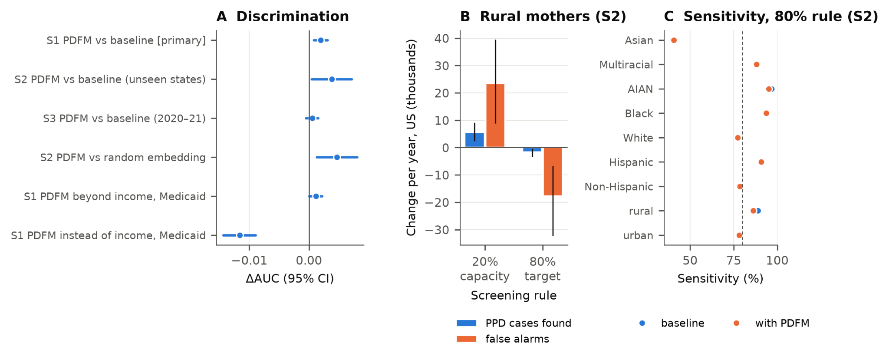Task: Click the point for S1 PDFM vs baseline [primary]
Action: coord(321,40)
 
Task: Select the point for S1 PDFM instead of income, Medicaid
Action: coord(240,235)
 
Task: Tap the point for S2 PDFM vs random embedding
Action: coord(337,157)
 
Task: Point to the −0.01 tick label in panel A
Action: coord(249,261)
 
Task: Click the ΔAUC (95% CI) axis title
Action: coord(290,279)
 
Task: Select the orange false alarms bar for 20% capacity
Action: coord(495,116)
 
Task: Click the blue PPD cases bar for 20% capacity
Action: coord(474,140)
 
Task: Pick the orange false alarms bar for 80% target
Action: coord(553,172)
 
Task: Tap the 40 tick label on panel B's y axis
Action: coord(442,39)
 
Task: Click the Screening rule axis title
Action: coord(514,296)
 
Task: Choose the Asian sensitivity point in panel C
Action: coord(674,40)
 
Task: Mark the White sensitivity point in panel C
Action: coord(738,138)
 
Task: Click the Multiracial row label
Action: coord(626,65)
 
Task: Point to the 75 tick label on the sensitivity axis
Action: coord(734,261)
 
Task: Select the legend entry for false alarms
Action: coord(503,339)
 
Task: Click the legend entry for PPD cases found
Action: coord(514,323)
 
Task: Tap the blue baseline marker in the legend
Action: coord(642,323)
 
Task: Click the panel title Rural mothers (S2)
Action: coord(553,17)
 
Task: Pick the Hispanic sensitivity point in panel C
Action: coord(761,162)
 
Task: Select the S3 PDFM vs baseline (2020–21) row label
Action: coord(124,119)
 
